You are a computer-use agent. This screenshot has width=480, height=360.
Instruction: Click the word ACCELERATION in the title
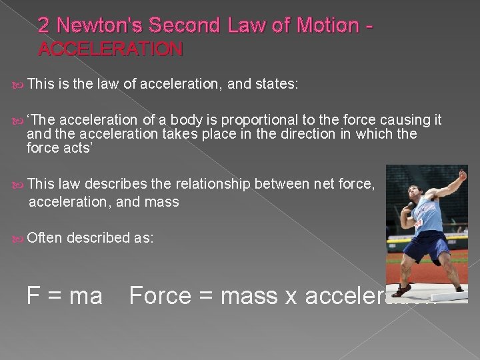point(110,49)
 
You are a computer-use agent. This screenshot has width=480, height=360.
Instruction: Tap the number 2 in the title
point(44,25)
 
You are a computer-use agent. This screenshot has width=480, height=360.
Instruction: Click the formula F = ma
point(64,294)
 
